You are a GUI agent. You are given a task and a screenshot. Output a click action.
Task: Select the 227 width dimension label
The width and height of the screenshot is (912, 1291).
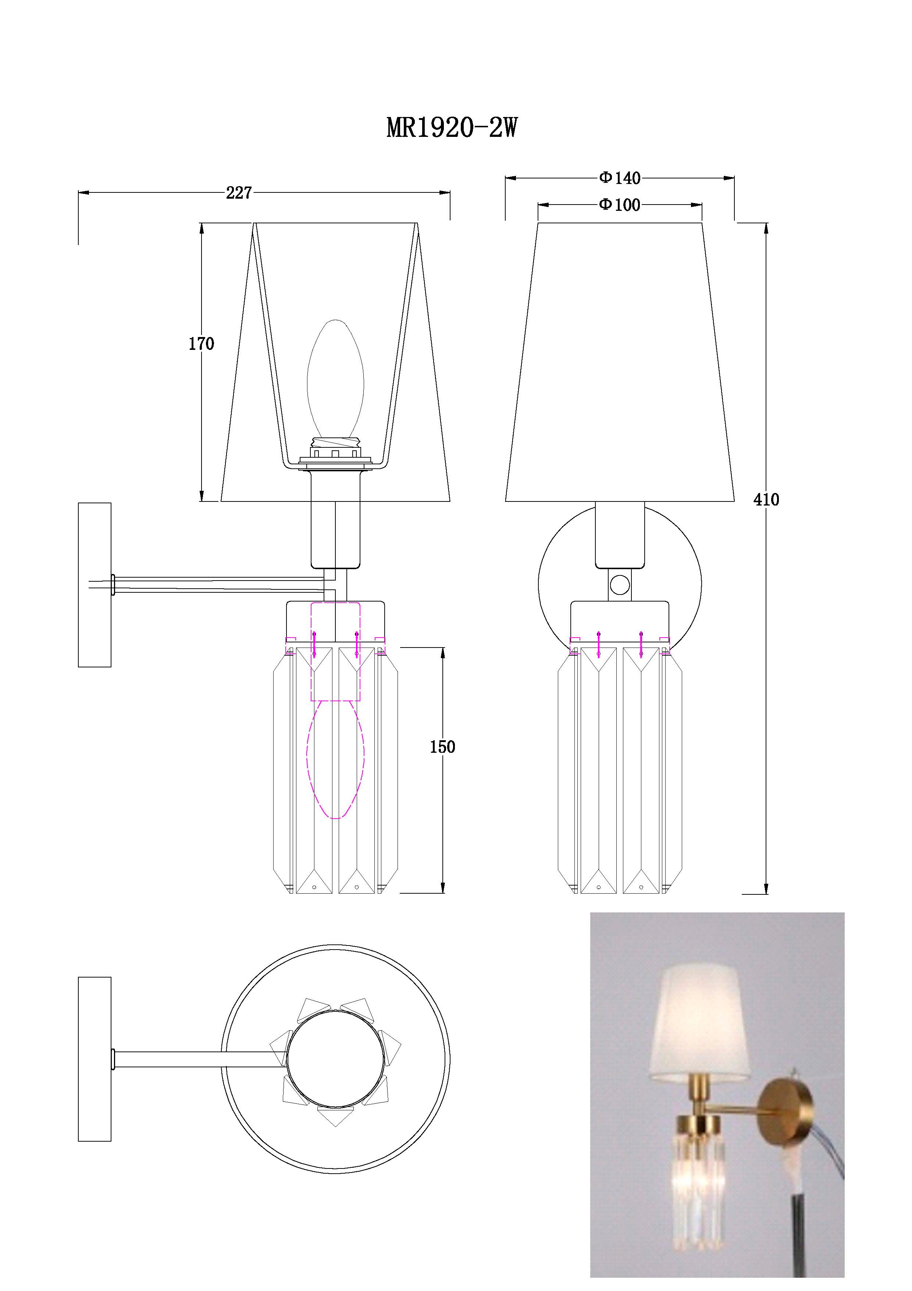point(239,193)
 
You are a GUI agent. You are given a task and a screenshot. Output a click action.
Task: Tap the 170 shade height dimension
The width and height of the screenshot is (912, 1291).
point(201,344)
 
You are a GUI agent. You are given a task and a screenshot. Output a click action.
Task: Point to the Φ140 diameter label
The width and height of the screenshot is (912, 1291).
point(620,178)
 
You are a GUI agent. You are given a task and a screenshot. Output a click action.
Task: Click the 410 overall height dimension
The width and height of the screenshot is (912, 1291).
point(766,499)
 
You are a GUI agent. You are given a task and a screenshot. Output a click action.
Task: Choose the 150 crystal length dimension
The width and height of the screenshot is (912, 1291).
point(442,747)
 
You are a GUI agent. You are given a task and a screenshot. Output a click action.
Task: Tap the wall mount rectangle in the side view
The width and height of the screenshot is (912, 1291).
point(95,585)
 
